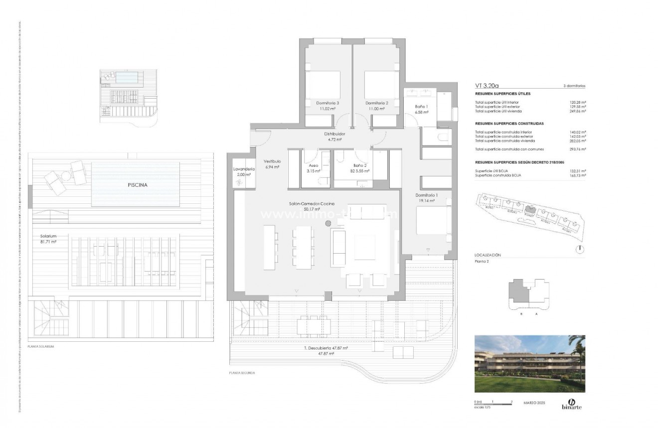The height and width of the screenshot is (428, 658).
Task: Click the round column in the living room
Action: coord(328,224)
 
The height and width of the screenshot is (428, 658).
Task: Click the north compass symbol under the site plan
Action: coord(580,249)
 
